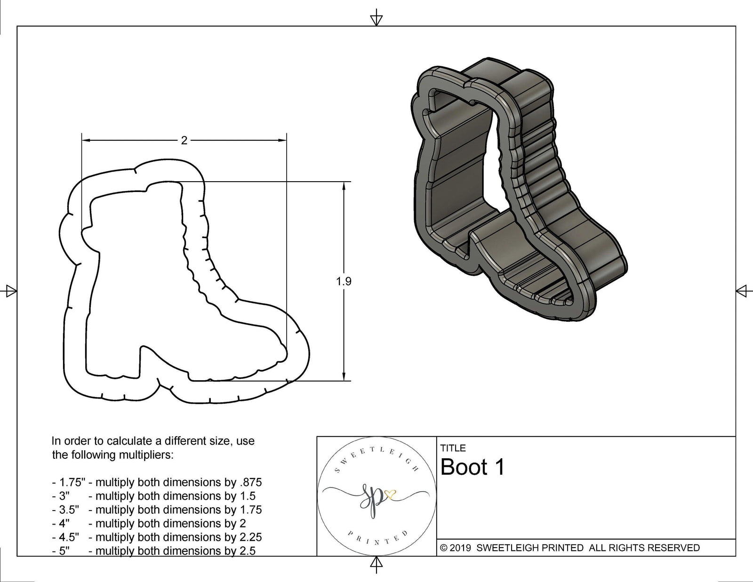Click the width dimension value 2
[x=184, y=140]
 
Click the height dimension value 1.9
[x=344, y=281]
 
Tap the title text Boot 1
[x=473, y=467]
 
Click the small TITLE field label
[x=453, y=448]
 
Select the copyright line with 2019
[x=570, y=548]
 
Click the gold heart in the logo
[x=390, y=494]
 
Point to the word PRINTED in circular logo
[x=376, y=539]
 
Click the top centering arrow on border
[x=376, y=19]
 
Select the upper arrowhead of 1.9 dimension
[x=344, y=186]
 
